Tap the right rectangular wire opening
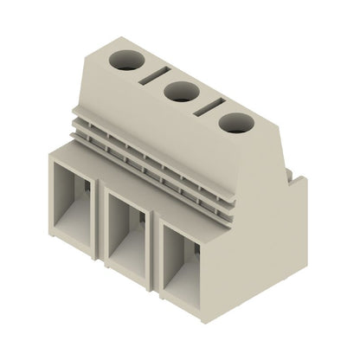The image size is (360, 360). click(186, 265)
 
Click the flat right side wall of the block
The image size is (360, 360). click(260, 225)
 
